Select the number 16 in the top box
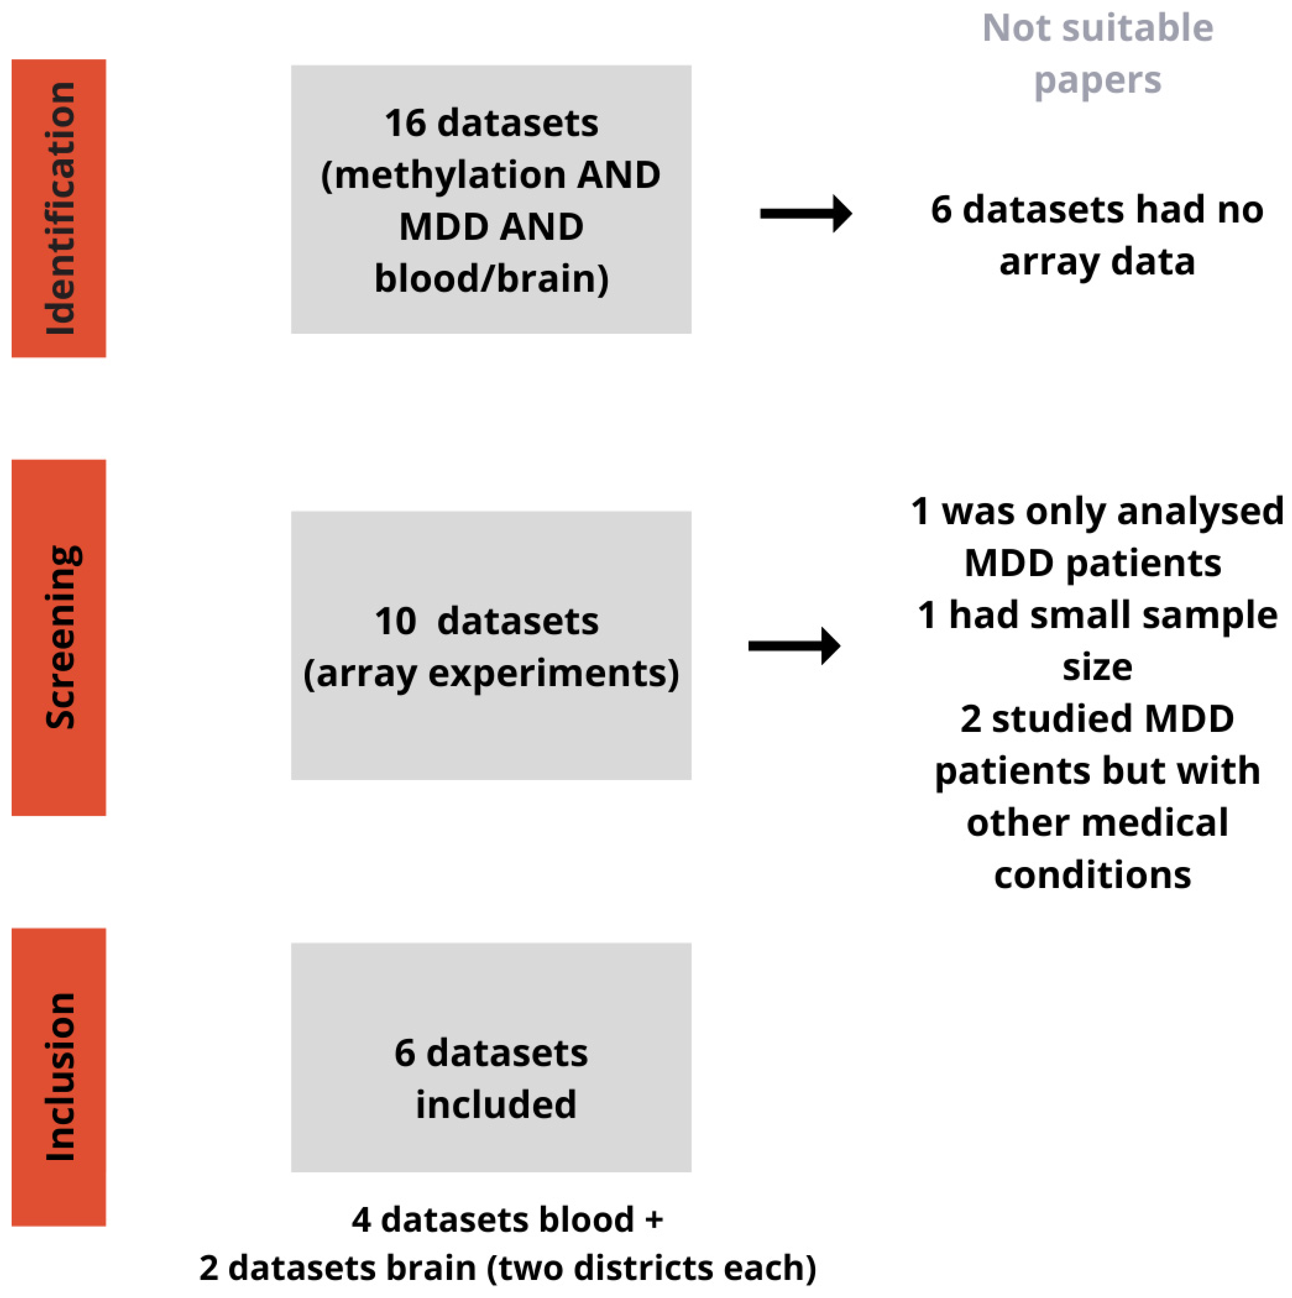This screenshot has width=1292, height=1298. coord(405,123)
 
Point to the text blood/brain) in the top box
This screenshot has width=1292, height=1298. coord(491,279)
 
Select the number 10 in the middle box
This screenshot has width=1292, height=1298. coord(395,621)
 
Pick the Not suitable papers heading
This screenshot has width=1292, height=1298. coord(1097,54)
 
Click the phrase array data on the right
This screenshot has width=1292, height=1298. coord(1097,261)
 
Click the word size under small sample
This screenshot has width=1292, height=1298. coord(1097,666)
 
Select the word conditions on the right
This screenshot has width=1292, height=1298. coord(1093,875)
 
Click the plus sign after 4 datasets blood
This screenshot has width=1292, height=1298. coord(654,1220)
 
